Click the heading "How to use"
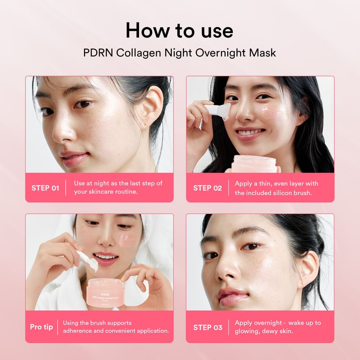(x=180, y=31)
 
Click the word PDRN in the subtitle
(x=98, y=53)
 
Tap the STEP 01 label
(x=45, y=188)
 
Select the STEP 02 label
(x=207, y=188)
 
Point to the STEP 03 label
(x=208, y=327)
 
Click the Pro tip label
(x=41, y=327)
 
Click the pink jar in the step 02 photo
(x=255, y=164)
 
